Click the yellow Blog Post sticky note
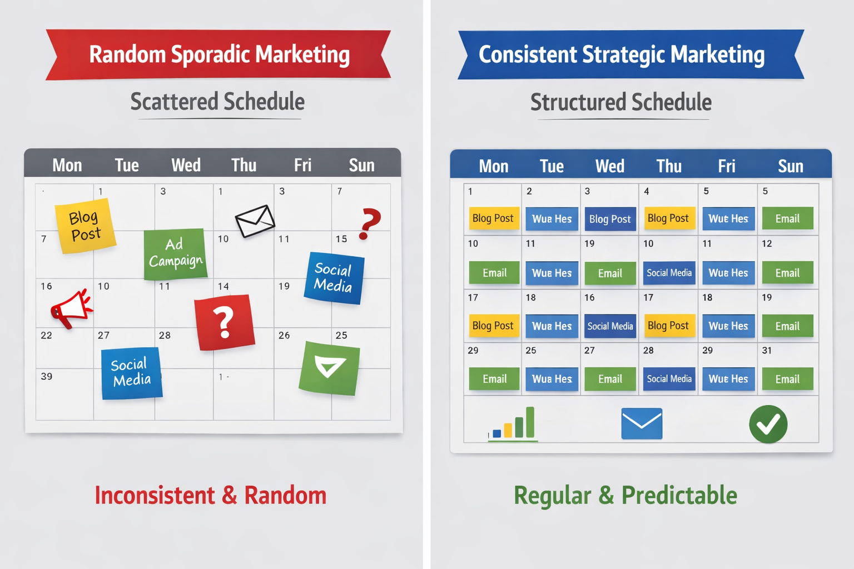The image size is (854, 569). tap(85, 226)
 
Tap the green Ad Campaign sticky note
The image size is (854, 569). tap(175, 253)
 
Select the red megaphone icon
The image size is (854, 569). tap(71, 308)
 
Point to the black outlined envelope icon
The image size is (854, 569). tap(255, 221)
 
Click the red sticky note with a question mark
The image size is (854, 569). tap(224, 322)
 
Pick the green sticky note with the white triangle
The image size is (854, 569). tap(330, 368)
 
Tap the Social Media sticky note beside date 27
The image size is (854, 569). tap(132, 373)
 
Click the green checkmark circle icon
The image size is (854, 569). tap(768, 424)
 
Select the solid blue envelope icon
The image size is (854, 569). tap(642, 423)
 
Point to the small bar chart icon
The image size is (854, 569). tap(513, 425)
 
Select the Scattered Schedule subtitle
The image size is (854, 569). tap(217, 102)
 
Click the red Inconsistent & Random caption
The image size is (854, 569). tap(210, 495)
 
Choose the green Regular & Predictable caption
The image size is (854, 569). tap(625, 495)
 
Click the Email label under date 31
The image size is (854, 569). tap(787, 379)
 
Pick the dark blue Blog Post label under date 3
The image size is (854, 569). tap(610, 219)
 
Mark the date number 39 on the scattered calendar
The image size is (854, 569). tap(47, 376)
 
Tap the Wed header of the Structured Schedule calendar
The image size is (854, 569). tap(610, 166)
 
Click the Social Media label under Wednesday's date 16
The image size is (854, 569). tap(610, 326)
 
